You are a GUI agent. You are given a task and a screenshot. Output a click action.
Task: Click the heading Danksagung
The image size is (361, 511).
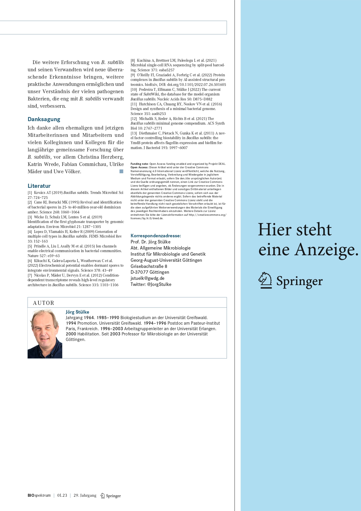(44, 119)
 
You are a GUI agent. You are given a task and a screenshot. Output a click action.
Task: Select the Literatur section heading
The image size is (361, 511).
(39, 186)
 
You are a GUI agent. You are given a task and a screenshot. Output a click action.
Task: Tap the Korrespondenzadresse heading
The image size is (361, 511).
(156, 236)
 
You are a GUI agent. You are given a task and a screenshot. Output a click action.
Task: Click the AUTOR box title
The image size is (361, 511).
(44, 303)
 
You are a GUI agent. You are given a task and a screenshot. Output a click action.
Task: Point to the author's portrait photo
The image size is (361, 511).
(45, 333)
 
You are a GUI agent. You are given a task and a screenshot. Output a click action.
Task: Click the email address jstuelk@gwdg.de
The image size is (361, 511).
(147, 278)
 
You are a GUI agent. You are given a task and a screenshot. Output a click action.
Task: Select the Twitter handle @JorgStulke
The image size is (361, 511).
(159, 284)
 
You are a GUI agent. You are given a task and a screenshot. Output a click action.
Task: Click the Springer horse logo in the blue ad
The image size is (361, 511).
(265, 280)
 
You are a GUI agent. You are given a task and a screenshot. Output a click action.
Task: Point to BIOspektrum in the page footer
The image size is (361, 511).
(39, 495)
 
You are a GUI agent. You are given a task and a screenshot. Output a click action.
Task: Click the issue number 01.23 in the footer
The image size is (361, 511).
(62, 495)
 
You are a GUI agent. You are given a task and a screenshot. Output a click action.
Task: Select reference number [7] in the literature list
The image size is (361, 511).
(30, 275)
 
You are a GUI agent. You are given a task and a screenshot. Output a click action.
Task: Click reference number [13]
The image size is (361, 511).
(134, 133)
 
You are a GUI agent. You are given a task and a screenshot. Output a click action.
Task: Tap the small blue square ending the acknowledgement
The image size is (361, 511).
(121, 171)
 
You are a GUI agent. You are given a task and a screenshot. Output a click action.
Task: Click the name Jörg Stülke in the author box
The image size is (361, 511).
(77, 312)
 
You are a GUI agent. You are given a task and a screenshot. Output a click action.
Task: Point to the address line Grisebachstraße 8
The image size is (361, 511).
(149, 266)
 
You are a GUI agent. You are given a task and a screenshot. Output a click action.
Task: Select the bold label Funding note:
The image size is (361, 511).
(139, 164)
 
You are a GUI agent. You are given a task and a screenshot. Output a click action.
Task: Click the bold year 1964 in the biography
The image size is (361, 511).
(89, 318)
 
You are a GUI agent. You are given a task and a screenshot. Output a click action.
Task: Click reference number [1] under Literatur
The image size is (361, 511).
(30, 192)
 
